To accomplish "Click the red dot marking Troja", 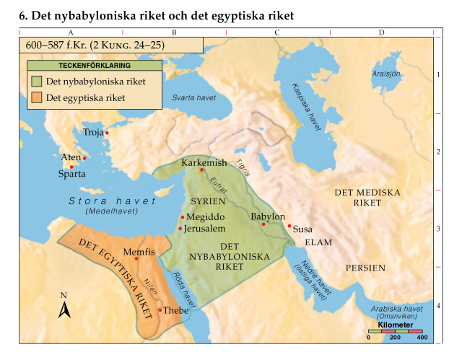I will [107, 133].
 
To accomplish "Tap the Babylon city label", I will [267, 216].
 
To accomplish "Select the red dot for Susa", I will [289, 226].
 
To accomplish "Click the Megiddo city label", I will [206, 217].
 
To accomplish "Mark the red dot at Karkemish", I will [202, 170].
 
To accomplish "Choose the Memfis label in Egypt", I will [140, 253].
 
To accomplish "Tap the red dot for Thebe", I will [160, 309].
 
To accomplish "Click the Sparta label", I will [72, 174].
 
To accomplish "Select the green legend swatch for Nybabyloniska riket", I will [37, 82].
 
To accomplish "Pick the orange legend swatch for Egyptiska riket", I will [37, 97].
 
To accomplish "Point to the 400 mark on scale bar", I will [422, 338].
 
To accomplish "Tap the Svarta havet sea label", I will [193, 97].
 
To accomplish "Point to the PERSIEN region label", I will [365, 268].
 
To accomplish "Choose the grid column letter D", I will [381, 32].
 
